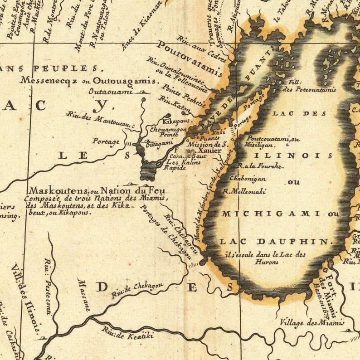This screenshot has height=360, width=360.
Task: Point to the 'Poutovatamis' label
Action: (x=187, y=57)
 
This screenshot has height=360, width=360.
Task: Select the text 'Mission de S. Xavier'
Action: (x=204, y=147)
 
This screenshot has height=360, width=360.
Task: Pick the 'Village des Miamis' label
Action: (x=312, y=322)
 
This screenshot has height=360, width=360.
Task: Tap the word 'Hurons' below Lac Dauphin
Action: (x=266, y=262)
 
